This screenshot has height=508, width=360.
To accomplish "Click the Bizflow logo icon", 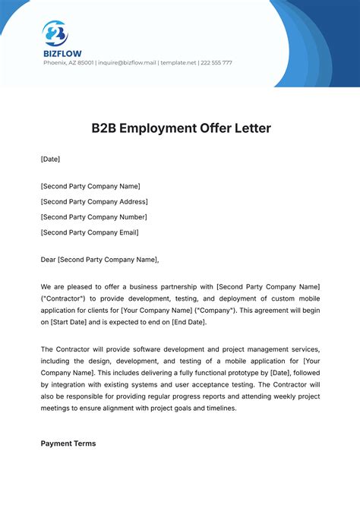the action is pos(55,33).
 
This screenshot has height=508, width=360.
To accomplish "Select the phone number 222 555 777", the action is pos(216,63).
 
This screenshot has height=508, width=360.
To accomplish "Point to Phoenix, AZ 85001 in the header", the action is pos(68,63).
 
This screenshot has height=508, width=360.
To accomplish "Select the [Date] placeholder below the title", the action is pos(50,159).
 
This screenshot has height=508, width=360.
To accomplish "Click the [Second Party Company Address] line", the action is pos(94,201).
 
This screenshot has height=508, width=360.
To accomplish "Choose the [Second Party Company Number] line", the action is pos(93,217).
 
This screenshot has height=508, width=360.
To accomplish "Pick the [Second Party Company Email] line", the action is pos(90,232).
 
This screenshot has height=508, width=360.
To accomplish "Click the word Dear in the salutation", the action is pos(48,260).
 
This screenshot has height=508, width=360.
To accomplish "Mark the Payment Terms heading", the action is pos(68,443).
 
